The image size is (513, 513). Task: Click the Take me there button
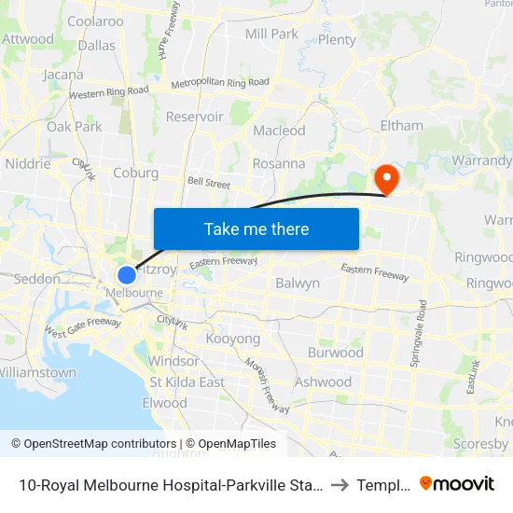coord(256,229)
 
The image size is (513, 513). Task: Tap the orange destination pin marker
coord(384,178)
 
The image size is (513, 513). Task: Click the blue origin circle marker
coord(127,275)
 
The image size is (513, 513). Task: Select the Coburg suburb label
coord(135,173)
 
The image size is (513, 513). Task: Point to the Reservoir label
coord(194,117)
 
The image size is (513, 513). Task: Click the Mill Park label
coord(270,34)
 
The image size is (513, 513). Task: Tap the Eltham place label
coord(401,125)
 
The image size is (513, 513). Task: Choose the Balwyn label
coord(298,283)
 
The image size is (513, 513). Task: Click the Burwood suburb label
coord(335,353)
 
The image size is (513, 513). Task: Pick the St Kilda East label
coord(187,381)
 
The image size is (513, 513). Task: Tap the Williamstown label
coord(38,372)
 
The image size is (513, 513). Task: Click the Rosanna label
coord(278,163)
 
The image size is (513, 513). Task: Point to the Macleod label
coord(279,131)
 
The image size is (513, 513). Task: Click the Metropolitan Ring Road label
coord(220,82)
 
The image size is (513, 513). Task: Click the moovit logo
coord(456,483)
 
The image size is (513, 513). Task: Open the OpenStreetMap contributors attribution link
coord(93,444)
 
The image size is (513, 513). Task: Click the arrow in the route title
coord(340,483)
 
